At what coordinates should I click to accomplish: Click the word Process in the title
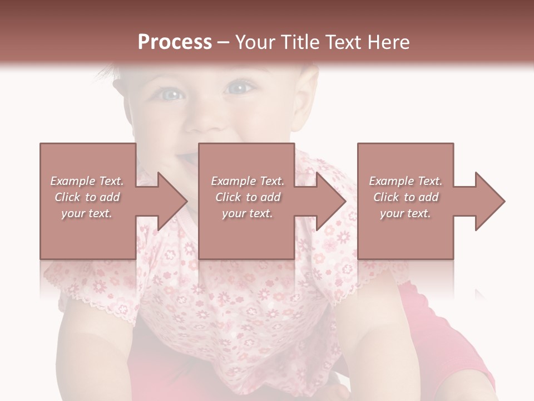175,42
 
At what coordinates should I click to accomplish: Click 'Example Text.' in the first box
87,181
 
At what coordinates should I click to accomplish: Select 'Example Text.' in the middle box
248,181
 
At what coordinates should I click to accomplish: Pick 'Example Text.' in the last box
406,181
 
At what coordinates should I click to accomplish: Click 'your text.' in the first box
87,213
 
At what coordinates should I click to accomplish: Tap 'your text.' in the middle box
248,213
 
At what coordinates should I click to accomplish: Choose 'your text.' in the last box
406,213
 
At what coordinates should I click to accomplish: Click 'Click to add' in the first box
87,197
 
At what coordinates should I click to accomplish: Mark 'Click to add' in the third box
406,197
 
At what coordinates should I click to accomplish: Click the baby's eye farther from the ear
170,94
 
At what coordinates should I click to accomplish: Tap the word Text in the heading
348,42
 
